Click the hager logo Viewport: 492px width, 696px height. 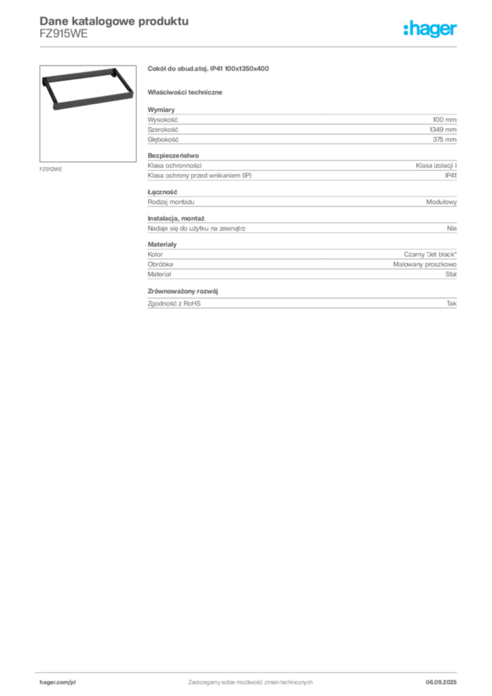429,29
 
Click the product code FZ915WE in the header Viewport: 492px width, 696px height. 63,34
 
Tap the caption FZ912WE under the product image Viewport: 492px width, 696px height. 50,169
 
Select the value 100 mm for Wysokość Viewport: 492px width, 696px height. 444,120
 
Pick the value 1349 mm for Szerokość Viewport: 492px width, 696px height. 443,130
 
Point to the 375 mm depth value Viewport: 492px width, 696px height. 444,139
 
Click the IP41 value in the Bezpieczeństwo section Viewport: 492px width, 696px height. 451,175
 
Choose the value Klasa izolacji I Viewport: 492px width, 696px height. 436,166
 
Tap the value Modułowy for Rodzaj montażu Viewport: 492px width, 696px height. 442,202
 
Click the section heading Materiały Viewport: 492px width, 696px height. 162,245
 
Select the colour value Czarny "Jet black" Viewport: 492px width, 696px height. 430,254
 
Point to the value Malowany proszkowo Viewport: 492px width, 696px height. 425,264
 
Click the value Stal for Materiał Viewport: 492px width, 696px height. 451,275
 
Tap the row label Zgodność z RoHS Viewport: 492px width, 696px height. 174,304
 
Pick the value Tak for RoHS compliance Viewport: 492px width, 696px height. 452,304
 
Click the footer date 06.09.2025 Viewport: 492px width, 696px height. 441,682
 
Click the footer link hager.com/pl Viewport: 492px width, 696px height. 58,682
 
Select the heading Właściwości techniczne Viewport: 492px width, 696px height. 185,92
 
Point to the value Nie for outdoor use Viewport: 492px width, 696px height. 452,228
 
